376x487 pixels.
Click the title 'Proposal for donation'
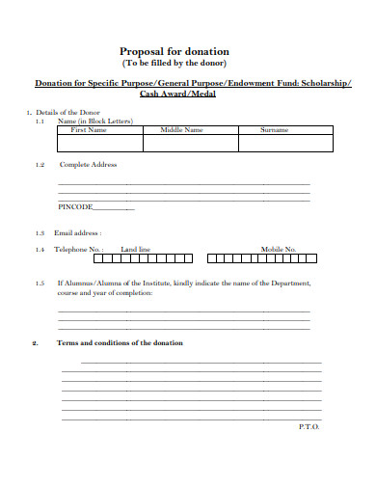[187, 51]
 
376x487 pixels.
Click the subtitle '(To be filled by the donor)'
[187, 63]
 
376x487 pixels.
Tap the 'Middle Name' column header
[181, 129]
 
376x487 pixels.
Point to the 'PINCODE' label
[76, 207]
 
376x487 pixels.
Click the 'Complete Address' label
[88, 165]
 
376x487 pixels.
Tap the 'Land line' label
[135, 250]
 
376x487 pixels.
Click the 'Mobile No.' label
[278, 250]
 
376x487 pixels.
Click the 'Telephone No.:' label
[78, 250]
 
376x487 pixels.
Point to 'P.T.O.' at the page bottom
[309, 426]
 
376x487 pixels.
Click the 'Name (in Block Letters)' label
[94, 121]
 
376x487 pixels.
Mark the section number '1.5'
[40, 284]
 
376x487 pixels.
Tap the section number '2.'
[36, 343]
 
